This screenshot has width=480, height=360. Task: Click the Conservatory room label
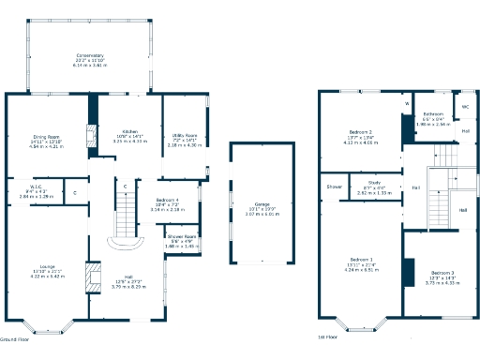(90, 55)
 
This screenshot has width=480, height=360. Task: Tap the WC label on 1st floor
(465, 107)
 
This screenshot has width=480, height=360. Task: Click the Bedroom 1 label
(361, 259)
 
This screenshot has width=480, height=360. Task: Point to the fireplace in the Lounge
(91, 278)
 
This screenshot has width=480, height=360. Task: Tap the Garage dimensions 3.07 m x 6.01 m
(259, 214)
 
